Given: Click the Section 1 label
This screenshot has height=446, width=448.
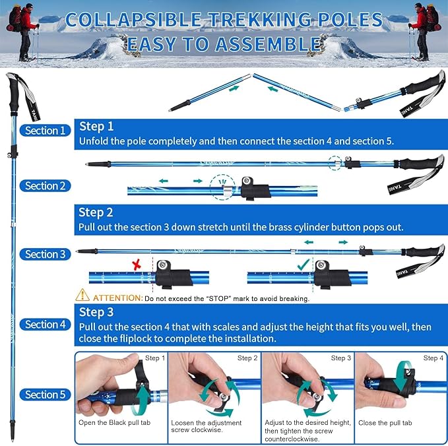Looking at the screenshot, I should (46, 131).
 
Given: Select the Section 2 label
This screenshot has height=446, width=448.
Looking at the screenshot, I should (46, 186).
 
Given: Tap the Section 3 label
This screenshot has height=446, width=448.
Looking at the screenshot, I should (46, 254).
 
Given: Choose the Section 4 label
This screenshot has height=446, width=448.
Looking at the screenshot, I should (46, 325).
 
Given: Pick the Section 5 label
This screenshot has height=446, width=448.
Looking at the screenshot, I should (46, 395).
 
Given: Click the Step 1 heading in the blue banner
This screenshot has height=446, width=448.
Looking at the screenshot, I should (96, 126).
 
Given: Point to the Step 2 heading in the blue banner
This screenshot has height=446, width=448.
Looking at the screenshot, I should (96, 212).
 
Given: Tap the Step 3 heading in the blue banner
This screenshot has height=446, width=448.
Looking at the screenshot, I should (96, 312).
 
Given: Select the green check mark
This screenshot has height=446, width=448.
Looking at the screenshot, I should (303, 264).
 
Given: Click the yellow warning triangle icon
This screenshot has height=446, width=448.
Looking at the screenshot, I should (82, 296).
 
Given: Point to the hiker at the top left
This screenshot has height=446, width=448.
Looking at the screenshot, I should (22, 30).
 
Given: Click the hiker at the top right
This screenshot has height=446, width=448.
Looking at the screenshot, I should (422, 30).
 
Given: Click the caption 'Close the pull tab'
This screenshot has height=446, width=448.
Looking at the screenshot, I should (385, 422).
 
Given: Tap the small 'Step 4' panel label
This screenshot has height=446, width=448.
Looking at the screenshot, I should (433, 358).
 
